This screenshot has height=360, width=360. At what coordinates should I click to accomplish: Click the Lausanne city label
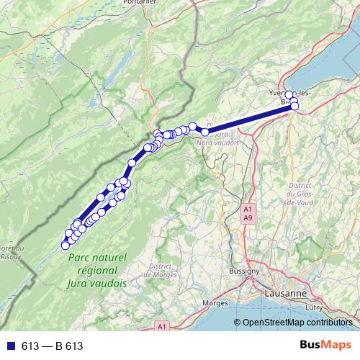tap(286, 294)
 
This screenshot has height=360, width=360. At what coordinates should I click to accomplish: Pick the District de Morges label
tap(161, 270)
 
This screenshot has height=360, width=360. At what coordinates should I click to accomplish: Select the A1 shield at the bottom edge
tap(163, 326)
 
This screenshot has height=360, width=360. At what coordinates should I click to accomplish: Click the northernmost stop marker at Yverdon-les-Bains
tap(289, 95)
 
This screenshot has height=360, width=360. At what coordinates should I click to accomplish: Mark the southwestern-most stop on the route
tap(66, 246)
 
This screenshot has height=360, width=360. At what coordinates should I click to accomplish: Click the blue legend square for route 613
tap(10, 346)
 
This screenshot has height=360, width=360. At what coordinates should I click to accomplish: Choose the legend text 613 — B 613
tap(53, 346)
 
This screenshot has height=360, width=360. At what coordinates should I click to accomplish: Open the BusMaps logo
tap(330, 346)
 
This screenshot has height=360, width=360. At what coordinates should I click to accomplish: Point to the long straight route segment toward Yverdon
tap(248, 120)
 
